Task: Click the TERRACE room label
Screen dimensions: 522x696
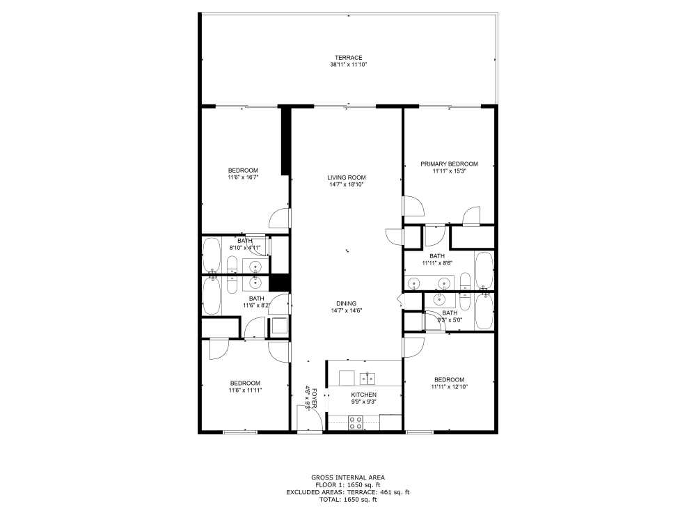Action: (348, 58)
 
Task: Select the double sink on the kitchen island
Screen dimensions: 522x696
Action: (367, 379)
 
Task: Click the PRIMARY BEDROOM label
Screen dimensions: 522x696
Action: (449, 164)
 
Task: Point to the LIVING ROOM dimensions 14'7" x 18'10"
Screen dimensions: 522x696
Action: (347, 185)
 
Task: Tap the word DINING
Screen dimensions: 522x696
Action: (347, 303)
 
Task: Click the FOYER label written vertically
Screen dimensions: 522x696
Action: (315, 398)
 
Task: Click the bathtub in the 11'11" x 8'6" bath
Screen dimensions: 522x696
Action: (484, 272)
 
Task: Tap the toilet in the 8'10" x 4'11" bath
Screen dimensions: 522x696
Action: (232, 266)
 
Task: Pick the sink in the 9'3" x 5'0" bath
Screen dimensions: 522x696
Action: (440, 299)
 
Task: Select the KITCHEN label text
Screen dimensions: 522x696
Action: (363, 395)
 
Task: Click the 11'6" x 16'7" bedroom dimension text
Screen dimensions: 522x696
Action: (244, 178)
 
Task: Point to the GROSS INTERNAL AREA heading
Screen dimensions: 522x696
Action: (348, 477)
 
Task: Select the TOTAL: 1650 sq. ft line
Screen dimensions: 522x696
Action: (348, 500)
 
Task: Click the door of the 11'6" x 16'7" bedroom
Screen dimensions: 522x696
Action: (279, 219)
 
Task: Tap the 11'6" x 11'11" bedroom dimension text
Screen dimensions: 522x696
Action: (245, 390)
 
